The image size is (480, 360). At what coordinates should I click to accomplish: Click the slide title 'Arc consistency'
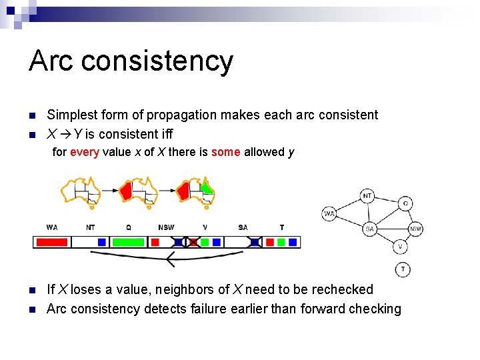tap(131, 61)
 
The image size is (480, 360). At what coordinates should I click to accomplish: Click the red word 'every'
tap(85, 152)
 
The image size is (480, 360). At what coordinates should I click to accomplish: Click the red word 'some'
tap(226, 152)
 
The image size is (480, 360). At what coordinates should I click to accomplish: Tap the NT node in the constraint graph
tap(367, 196)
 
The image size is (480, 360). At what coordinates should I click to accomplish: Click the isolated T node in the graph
tap(402, 269)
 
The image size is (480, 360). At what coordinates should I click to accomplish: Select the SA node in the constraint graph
tap(370, 229)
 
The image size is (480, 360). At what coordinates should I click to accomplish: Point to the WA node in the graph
tap(329, 213)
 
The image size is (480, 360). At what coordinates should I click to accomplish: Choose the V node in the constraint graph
tap(399, 247)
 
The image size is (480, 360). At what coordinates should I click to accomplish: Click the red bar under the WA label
tap(51, 242)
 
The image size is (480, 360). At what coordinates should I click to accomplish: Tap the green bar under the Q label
tap(128, 242)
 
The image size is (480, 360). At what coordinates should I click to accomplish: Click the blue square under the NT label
tap(101, 242)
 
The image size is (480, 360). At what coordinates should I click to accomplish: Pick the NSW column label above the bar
tap(166, 227)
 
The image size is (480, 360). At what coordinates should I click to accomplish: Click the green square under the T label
tap(281, 242)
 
